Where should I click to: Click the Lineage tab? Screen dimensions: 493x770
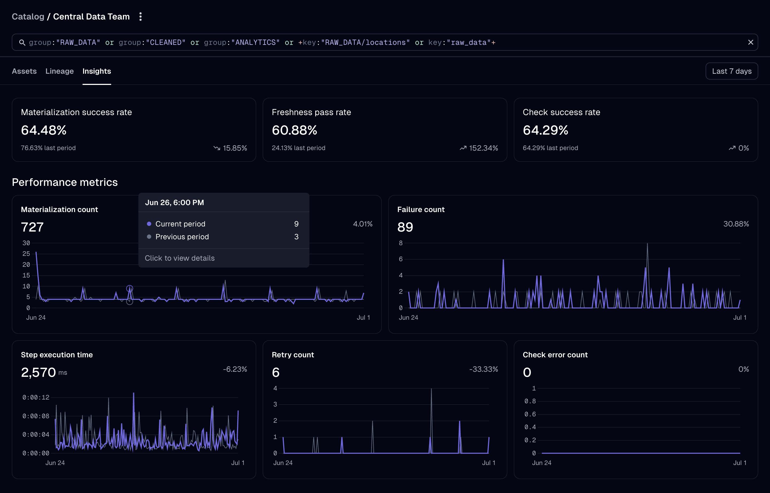tap(60, 71)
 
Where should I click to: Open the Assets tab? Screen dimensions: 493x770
tap(24, 71)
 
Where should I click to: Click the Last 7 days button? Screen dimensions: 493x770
tap(731, 71)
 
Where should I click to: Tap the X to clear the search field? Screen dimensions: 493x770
tap(750, 42)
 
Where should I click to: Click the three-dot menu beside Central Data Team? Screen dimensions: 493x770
tap(140, 17)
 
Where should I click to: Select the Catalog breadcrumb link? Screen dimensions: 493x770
tap(28, 17)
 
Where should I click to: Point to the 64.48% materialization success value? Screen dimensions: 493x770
tap(44, 130)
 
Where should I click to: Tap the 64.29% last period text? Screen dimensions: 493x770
tap(550, 148)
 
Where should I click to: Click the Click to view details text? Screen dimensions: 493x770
tap(180, 258)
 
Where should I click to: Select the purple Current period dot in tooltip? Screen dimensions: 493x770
tap(149, 224)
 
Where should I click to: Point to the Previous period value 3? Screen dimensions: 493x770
tap(296, 237)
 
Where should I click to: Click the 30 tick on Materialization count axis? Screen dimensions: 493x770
tap(26, 243)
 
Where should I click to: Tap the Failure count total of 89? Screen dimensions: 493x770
tap(405, 227)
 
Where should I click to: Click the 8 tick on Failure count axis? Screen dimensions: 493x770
tap(400, 243)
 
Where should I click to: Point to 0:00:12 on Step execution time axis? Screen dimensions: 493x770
tap(36, 397)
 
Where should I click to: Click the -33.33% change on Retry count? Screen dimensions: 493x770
tap(483, 369)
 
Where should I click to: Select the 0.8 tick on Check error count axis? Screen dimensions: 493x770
tap(530, 401)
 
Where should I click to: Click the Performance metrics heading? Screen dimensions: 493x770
tap(65, 182)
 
